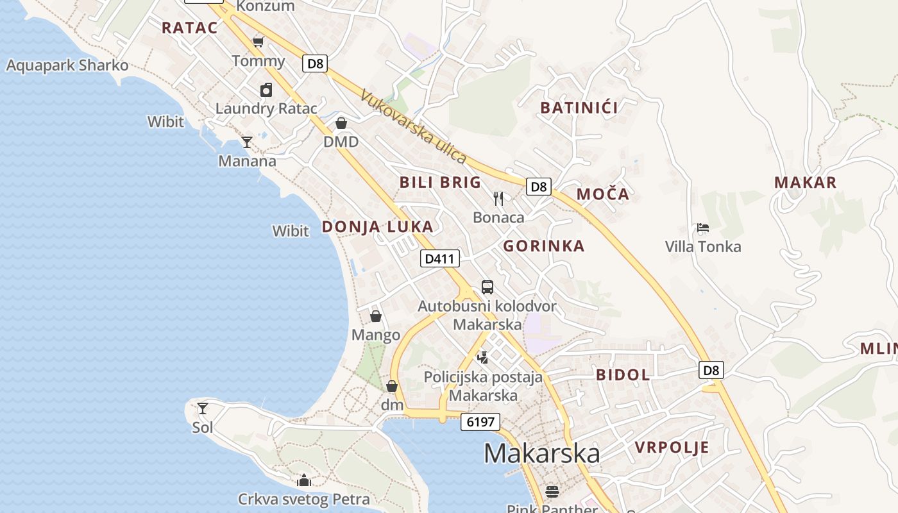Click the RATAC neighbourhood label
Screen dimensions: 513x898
click(189, 28)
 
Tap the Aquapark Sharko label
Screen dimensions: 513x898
click(67, 65)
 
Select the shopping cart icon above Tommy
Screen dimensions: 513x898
click(258, 42)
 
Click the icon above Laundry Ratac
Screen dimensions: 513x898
click(266, 90)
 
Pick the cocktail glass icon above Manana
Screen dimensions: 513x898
click(247, 142)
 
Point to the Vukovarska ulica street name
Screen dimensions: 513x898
click(413, 126)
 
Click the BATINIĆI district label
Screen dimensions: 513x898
click(579, 107)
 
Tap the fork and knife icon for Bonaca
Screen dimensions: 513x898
click(498, 199)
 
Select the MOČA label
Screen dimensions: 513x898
click(602, 194)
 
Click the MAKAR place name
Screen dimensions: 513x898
click(805, 182)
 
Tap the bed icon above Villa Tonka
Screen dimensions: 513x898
click(703, 228)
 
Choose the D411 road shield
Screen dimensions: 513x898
click(440, 259)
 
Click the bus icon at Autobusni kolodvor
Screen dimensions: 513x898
click(487, 287)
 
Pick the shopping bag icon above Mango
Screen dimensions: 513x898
click(376, 316)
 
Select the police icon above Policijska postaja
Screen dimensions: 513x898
click(483, 357)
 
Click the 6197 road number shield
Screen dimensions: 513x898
click(480, 421)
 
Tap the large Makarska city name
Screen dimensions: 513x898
click(541, 453)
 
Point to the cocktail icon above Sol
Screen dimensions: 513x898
click(203, 408)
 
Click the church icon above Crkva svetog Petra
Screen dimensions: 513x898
click(304, 480)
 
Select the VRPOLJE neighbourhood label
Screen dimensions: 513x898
click(672, 448)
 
